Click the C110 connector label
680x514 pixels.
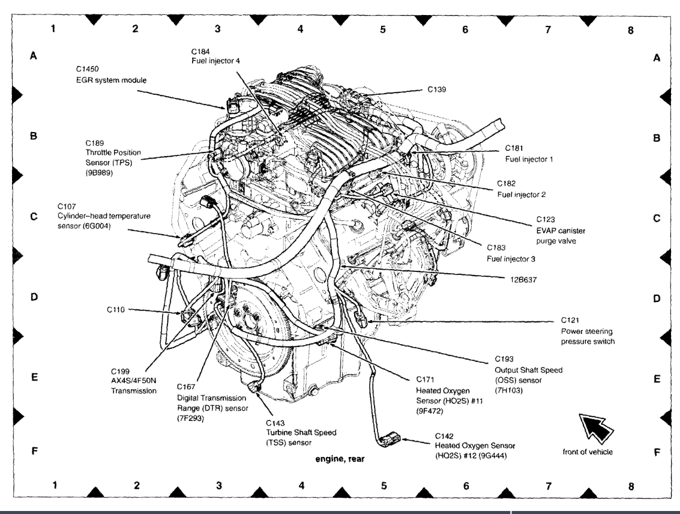click(x=116, y=310)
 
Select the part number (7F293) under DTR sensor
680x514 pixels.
click(x=191, y=418)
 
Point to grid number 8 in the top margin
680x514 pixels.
click(x=630, y=28)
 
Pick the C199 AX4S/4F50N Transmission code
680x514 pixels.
click(x=121, y=370)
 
